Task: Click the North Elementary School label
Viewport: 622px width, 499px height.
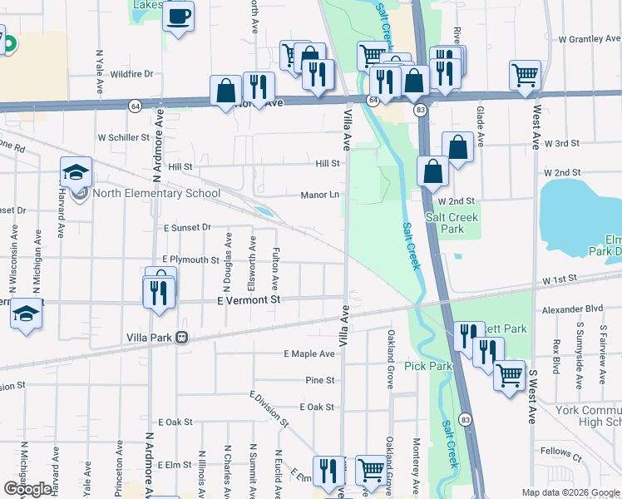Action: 156,194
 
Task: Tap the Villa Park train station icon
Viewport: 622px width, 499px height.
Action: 181,338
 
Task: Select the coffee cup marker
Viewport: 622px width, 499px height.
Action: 179,17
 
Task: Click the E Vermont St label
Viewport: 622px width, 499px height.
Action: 249,299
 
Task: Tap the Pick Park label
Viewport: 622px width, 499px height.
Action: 427,366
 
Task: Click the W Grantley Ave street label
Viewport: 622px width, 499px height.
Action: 590,39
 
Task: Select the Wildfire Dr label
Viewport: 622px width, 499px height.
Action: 131,74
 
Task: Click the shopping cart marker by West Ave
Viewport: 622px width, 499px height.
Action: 525,76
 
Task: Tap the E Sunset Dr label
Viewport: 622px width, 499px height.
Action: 187,226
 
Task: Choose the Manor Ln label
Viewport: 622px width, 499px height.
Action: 320,195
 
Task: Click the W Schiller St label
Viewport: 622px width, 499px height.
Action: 123,137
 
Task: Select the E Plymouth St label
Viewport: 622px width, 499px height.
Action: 190,259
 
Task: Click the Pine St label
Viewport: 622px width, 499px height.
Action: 319,380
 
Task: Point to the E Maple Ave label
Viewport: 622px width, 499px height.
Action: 309,354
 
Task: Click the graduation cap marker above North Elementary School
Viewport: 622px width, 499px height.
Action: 76,172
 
